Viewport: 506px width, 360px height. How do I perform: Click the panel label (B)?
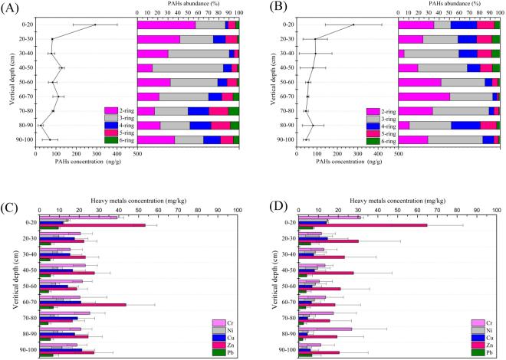[273, 8]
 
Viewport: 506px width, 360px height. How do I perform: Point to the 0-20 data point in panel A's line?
[95, 25]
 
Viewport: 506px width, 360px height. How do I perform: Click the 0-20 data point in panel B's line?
[353, 25]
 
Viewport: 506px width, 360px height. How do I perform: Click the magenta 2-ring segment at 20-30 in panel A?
[158, 39]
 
